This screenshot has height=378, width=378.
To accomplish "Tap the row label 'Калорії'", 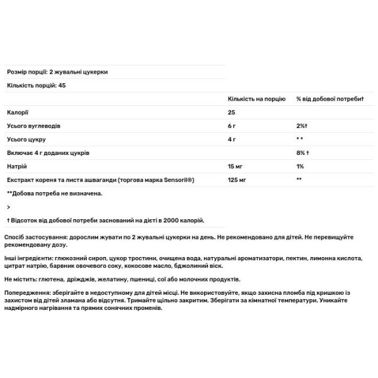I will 18,112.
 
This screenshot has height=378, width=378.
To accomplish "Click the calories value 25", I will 232,112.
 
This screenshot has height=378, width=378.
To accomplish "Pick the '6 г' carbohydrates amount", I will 232,125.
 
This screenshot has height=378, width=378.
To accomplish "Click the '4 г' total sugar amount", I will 232,139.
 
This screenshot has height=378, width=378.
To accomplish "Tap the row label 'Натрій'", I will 18,166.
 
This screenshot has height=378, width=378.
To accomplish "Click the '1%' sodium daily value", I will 300,166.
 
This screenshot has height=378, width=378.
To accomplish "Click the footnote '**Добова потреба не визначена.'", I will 54,193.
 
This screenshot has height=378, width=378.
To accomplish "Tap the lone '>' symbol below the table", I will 8,207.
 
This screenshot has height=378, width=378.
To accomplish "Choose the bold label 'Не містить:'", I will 20,278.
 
